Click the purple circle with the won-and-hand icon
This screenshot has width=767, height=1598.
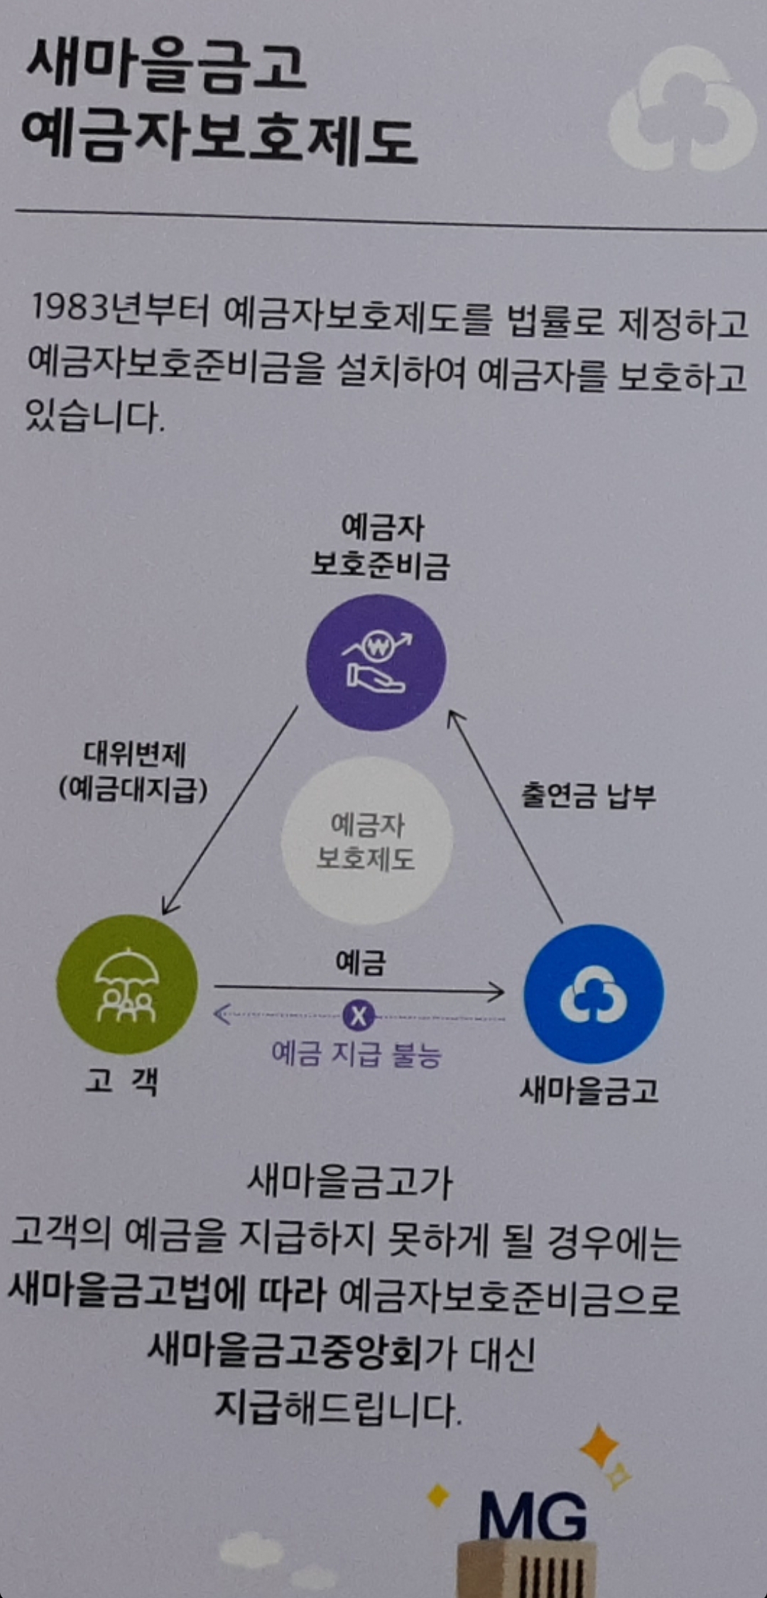point(376,662)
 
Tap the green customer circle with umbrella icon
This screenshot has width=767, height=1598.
point(126,984)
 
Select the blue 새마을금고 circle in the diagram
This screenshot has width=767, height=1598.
point(594,993)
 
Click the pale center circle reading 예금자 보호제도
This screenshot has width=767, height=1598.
point(366,841)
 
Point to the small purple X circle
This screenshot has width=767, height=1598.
point(359,1016)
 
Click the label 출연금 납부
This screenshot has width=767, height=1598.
point(588,796)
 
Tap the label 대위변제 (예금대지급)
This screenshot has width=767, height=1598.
point(134,772)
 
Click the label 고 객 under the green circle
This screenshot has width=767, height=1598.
point(121,1081)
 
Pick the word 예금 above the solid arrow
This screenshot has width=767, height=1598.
point(360,963)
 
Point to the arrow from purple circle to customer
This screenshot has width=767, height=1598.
point(229,810)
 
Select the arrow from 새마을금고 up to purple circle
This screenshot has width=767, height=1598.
point(506,817)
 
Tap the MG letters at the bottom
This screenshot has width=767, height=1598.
point(533,1516)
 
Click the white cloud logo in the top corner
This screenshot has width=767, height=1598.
point(682,110)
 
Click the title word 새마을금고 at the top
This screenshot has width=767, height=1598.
point(166,67)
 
